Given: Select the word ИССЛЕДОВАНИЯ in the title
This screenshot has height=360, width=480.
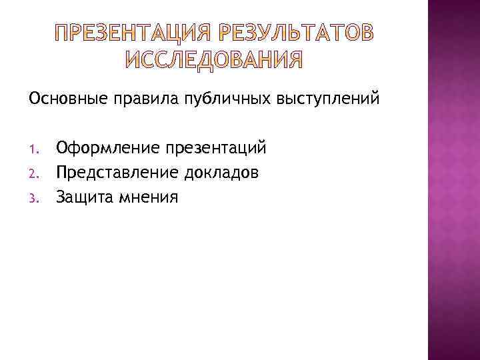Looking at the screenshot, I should point(213,61).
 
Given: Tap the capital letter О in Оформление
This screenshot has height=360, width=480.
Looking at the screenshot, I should point(63,146).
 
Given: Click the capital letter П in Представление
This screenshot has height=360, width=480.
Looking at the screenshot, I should point(62,171).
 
